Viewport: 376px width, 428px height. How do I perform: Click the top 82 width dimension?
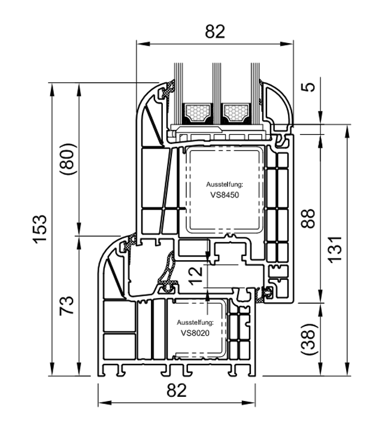[x=215, y=32]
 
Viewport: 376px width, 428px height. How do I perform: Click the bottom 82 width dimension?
[x=177, y=390]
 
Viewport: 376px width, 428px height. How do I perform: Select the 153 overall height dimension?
[x=40, y=229]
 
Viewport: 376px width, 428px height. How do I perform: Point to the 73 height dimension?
[x=67, y=305]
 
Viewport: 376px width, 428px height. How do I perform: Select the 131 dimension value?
[x=335, y=249]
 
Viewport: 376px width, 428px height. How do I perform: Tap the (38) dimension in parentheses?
[x=308, y=339]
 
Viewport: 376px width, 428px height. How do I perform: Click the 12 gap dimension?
[x=196, y=276]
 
